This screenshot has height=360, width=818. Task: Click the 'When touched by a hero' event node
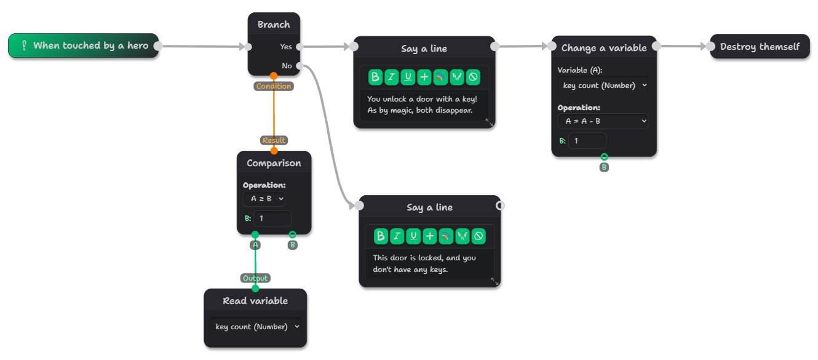click(x=83, y=46)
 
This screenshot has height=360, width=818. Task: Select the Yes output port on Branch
click(x=300, y=46)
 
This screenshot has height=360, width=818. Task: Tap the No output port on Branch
click(x=300, y=66)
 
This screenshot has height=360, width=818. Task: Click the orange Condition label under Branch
click(x=274, y=86)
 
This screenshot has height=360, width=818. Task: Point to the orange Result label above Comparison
click(x=274, y=140)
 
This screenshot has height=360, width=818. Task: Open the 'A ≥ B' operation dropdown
click(x=264, y=199)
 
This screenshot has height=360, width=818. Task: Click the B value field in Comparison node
click(x=272, y=218)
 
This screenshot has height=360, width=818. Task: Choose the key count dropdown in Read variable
click(x=255, y=327)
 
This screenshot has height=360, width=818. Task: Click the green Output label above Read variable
click(x=255, y=278)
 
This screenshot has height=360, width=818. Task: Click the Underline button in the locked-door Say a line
click(x=413, y=236)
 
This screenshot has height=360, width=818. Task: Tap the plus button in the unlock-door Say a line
click(x=424, y=77)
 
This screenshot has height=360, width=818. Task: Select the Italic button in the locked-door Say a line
click(x=397, y=236)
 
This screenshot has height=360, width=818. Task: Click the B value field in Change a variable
click(x=587, y=141)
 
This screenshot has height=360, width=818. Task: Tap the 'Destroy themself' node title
click(x=760, y=46)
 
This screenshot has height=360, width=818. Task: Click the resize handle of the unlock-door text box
click(x=490, y=122)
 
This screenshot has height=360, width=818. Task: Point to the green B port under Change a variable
click(x=604, y=157)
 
